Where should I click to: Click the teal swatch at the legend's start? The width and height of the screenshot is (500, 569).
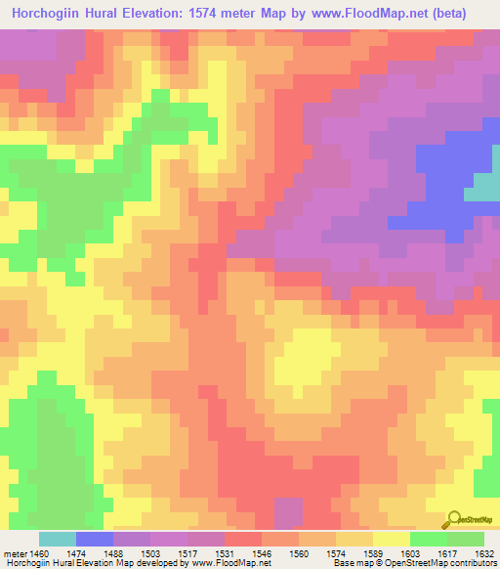[57, 539]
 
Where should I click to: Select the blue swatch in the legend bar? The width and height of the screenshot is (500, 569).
[94, 539]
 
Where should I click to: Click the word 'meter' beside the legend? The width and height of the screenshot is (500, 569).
[15, 552]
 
